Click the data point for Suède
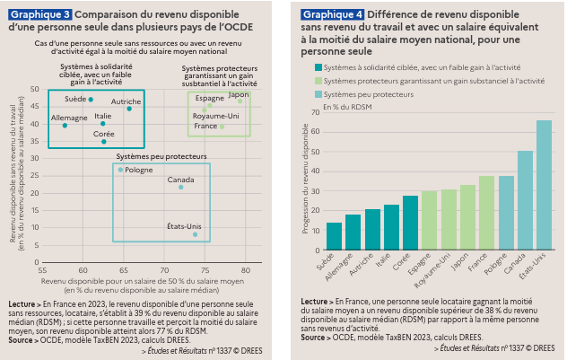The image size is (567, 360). coord(91,100)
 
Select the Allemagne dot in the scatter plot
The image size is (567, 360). coord(65,126)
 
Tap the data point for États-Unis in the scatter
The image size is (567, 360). coord(195,234)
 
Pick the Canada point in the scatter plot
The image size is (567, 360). coord(180,187)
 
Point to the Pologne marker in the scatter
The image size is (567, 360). coord(120,170)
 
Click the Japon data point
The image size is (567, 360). coord(240,101)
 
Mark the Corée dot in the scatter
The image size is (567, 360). coord(104,141)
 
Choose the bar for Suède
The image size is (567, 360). coord(334,235)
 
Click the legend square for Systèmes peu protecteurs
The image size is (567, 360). coord(319,94)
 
